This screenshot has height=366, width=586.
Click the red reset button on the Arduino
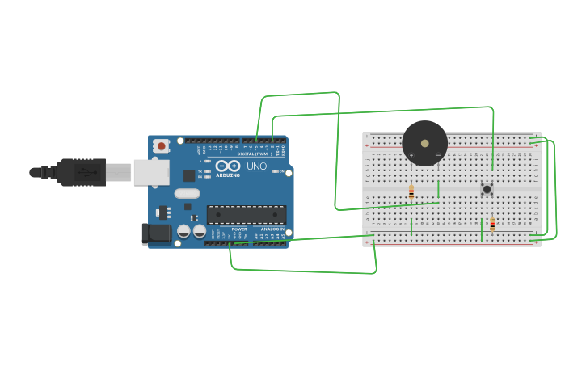162,146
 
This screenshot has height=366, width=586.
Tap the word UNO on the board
256,166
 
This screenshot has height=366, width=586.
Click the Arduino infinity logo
227,166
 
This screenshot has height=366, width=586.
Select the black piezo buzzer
424,143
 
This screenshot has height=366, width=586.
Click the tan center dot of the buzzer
425,143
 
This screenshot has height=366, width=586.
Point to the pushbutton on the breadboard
487,189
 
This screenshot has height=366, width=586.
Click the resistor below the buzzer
411,192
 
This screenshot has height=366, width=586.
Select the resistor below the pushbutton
492,225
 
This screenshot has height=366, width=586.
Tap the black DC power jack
156,233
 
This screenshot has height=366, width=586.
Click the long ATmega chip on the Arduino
247,214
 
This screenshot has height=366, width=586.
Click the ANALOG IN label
272,229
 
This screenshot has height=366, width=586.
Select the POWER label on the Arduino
239,229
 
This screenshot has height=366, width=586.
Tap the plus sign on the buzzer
411,155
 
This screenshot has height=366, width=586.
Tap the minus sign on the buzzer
438,155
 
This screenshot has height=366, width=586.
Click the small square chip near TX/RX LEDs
189,175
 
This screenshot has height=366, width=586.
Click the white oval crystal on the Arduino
187,193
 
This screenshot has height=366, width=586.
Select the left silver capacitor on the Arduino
183,230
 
